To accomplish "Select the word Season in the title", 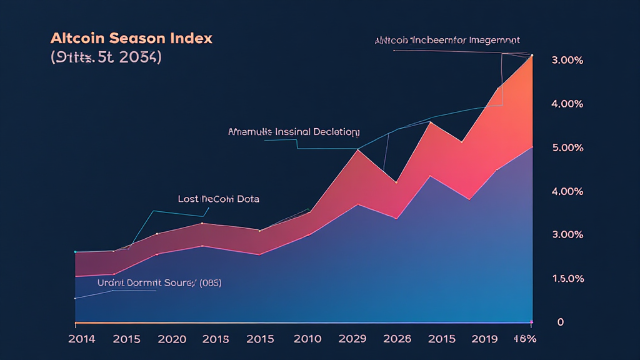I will click(137, 38).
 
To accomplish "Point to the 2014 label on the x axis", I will click(82, 339).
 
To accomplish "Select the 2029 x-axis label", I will click(352, 339).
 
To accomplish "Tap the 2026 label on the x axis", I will click(397, 339).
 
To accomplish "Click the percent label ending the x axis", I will click(525, 339).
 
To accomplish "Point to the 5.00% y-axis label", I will click(567, 148).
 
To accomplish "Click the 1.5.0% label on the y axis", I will click(567, 279).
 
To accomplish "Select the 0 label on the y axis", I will click(560, 322).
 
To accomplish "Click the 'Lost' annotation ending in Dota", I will click(219, 199).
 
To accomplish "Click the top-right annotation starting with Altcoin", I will click(447, 41).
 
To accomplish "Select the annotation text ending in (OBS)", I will click(159, 282).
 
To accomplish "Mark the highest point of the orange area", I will click(532, 56).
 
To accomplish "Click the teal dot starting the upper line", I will click(75, 252).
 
